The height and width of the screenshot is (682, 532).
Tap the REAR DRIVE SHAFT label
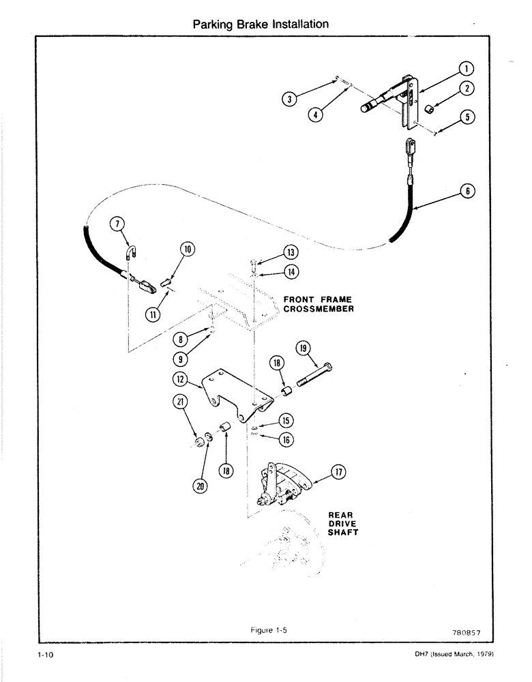[x=343, y=524]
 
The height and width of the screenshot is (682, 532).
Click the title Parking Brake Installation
[x=261, y=25]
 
